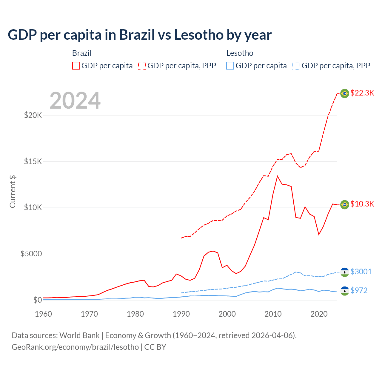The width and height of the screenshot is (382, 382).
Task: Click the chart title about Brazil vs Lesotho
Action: tap(140, 35)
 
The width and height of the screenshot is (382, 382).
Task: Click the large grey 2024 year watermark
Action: tap(75, 101)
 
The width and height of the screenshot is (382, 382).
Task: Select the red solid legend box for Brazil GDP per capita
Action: tap(76, 66)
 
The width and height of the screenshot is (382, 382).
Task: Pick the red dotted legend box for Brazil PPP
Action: tap(142, 66)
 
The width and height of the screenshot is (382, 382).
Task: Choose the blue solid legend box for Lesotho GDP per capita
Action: tap(230, 66)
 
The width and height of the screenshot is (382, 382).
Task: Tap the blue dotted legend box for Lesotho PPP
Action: tap(296, 66)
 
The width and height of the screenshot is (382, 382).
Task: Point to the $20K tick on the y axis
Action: tap(33, 115)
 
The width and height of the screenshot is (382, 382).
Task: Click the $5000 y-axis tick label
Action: tap(31, 254)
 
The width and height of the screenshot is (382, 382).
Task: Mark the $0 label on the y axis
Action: tap(37, 300)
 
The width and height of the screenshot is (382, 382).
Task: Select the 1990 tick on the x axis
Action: tap(181, 314)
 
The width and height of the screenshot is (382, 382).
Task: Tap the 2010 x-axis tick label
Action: tap(273, 314)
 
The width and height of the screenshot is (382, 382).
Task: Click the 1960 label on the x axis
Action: tap(44, 314)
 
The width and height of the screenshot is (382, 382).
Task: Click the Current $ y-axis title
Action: tap(13, 191)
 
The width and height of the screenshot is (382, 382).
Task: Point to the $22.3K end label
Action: tap(362, 93)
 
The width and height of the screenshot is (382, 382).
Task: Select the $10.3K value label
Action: tap(362, 204)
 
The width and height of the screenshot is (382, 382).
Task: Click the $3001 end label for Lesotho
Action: tap(361, 272)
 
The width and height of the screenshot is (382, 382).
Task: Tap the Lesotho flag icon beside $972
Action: tap(345, 291)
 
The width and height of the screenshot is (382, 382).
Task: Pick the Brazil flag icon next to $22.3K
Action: tap(345, 93)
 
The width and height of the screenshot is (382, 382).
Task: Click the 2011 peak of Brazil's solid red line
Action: tap(278, 176)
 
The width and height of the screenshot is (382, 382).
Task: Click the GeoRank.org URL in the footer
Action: tap(75, 347)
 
